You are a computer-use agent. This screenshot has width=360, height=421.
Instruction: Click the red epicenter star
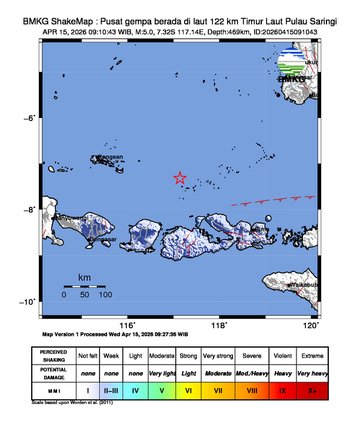coord(180,178)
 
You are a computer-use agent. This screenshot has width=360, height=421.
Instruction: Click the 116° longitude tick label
coord(127,326)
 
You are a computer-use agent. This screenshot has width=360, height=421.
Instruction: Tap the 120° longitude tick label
coord(310,326)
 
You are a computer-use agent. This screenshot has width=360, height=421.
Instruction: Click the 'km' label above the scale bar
coord(84,274)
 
